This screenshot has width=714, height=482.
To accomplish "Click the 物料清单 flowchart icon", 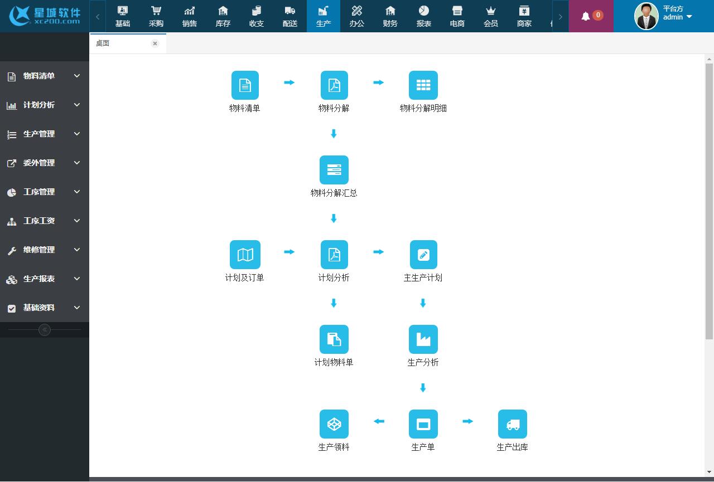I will (x=245, y=85).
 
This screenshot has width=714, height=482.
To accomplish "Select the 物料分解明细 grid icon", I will (x=423, y=85).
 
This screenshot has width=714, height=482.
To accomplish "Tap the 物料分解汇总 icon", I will (x=334, y=170).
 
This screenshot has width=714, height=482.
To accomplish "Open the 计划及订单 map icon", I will (x=245, y=255).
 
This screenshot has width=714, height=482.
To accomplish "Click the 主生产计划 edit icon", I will (x=423, y=255).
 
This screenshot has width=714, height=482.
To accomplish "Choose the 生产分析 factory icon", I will (x=423, y=339).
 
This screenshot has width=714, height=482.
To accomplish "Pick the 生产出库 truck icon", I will (x=513, y=424).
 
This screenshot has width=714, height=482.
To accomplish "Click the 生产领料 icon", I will (x=334, y=424).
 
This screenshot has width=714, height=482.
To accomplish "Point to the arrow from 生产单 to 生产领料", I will (x=379, y=421).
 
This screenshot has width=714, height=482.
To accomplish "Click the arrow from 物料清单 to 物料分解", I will (x=289, y=82).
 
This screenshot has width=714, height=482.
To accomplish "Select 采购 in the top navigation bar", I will (x=156, y=16).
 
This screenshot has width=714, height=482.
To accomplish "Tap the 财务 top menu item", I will (x=390, y=16).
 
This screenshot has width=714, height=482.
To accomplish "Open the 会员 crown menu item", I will (x=491, y=16).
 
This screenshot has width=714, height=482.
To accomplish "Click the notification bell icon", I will (x=586, y=16).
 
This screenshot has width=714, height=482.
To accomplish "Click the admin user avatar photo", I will (x=647, y=16).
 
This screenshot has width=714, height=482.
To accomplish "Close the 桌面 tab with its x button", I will (x=155, y=43).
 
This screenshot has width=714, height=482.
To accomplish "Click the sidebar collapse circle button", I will (x=45, y=330).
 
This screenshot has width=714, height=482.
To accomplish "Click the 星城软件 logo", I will (x=45, y=16).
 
